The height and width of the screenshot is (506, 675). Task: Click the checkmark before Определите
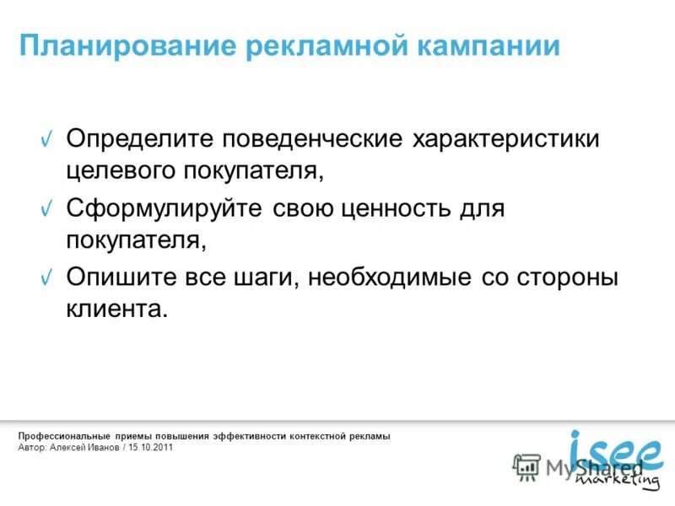click(49, 139)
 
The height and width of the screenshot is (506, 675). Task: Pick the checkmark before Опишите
click(49, 277)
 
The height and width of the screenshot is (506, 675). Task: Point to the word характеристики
click(505, 139)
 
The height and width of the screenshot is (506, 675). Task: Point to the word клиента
click(117, 309)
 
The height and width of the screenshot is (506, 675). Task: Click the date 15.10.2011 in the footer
click(151, 447)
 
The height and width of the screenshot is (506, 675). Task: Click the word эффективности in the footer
click(249, 436)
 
